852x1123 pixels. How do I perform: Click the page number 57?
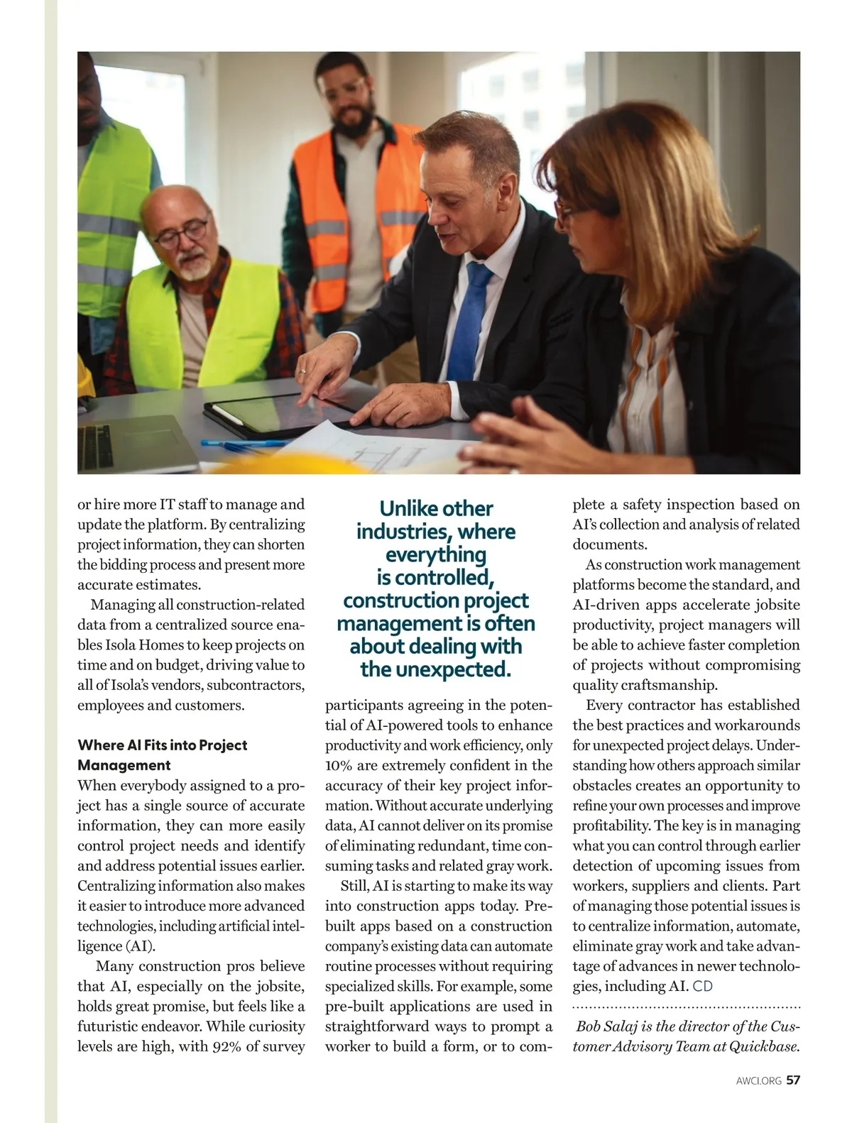point(793,1080)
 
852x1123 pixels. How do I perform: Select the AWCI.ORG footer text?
point(759,1081)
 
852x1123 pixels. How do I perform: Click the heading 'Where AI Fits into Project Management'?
point(162,755)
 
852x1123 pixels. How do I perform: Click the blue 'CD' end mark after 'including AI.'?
point(703,986)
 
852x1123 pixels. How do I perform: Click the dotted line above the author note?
point(686,1007)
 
